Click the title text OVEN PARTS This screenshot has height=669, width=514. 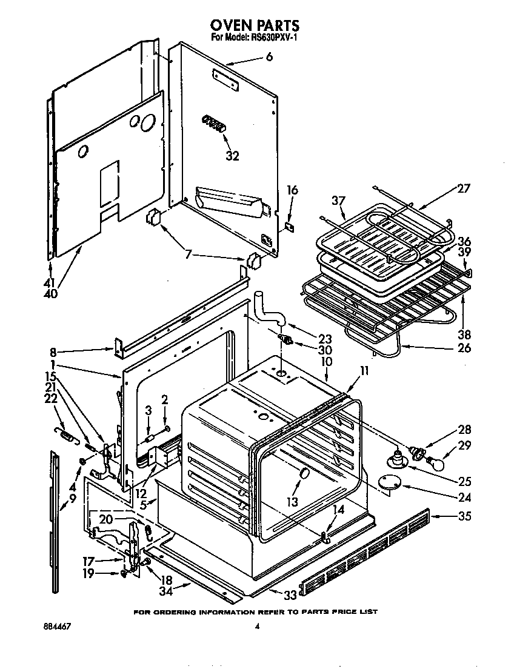coord(255,25)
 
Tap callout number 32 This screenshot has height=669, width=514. coord(232,156)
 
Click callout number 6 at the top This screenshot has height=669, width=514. coord(269,57)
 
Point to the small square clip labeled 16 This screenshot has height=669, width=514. coord(290,225)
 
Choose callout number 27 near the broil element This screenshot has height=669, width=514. coord(463,188)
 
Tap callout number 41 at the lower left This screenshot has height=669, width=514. coord(48,282)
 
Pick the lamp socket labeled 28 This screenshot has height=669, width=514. coord(416,451)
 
